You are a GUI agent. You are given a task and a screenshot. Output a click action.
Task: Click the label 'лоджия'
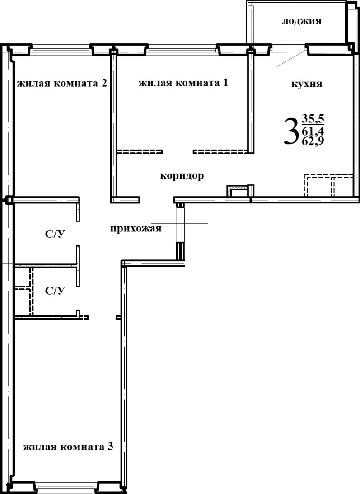[x=301, y=21]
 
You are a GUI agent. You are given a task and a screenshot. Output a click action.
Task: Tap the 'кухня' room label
[x=306, y=84]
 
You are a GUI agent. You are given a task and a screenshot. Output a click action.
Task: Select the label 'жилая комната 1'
[x=183, y=83]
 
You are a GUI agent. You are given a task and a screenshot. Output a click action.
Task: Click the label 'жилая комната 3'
[x=68, y=447]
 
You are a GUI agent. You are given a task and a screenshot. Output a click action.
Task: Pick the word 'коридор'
[x=181, y=176]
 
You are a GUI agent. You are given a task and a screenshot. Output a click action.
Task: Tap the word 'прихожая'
[x=136, y=229]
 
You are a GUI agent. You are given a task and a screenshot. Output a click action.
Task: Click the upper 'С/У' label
[x=55, y=235]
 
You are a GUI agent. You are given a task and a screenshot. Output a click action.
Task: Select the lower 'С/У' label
[x=55, y=291]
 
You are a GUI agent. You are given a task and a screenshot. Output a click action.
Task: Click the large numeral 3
[x=290, y=131]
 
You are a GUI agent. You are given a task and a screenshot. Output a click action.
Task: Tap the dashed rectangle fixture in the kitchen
[x=328, y=185]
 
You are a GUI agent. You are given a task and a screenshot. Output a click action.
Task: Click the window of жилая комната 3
[x=67, y=486]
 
